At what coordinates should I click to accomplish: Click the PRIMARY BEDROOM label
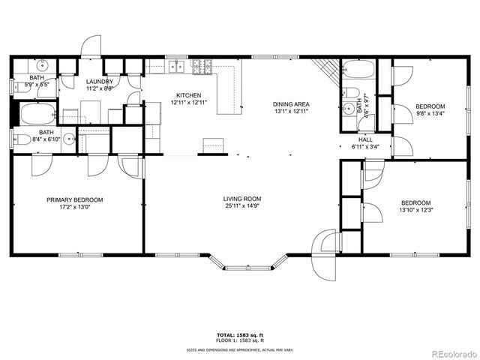pyautogui.click(x=75, y=199)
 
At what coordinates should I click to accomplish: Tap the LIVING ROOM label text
pyautogui.click(x=242, y=199)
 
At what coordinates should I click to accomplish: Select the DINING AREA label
pyautogui.click(x=291, y=104)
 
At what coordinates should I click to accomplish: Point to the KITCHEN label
pyautogui.click(x=188, y=95)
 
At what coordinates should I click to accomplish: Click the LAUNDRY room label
pyautogui.click(x=99, y=81)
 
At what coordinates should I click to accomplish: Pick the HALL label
pyautogui.click(x=365, y=139)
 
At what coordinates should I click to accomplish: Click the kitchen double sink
pyautogui.click(x=177, y=66)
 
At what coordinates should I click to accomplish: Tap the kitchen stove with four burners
pyautogui.click(x=202, y=66)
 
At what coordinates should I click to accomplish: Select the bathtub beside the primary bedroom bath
pyautogui.click(x=37, y=115)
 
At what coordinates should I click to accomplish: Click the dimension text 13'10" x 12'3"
pyautogui.click(x=415, y=211)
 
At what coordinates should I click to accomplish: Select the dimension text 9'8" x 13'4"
pyautogui.click(x=430, y=114)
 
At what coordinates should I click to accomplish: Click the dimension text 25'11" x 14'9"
pyautogui.click(x=242, y=208)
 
